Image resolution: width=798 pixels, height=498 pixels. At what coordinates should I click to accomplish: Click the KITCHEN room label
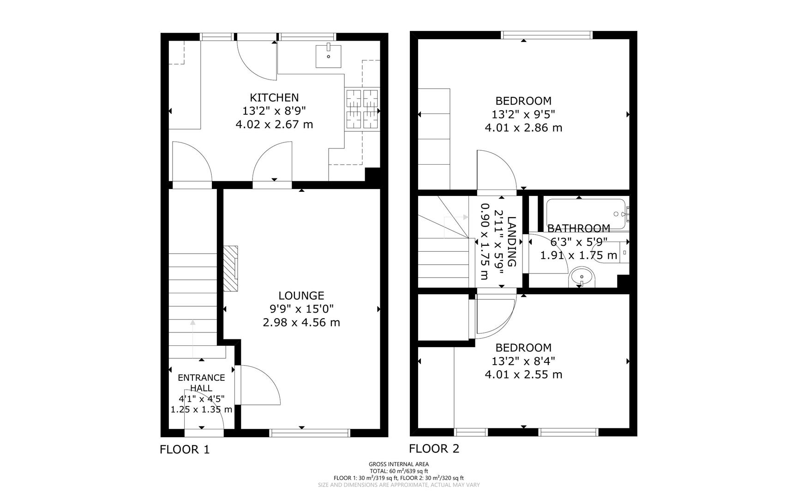pyautogui.click(x=274, y=97)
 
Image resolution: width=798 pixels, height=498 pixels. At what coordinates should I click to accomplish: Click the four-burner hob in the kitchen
pyautogui.click(x=362, y=109)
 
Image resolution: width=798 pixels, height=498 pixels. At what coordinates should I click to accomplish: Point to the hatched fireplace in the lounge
pyautogui.click(x=231, y=268)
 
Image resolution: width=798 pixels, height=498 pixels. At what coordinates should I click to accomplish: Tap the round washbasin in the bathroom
pyautogui.click(x=582, y=278)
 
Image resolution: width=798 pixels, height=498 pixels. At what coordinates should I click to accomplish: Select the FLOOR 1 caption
pyautogui.click(x=185, y=450)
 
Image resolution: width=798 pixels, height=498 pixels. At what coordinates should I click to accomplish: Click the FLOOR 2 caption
pyautogui.click(x=434, y=449)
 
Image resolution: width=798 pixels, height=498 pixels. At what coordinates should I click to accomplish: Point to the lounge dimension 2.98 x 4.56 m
pyautogui.click(x=301, y=322)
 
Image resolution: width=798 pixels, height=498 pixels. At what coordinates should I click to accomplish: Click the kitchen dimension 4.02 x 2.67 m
pyautogui.click(x=274, y=125)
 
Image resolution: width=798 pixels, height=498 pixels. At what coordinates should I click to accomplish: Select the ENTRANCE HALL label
pyautogui.click(x=202, y=383)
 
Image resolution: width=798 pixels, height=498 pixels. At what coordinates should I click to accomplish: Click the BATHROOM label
pyautogui.click(x=579, y=228)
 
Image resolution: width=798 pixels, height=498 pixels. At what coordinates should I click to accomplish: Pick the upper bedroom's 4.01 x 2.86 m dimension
pyautogui.click(x=523, y=128)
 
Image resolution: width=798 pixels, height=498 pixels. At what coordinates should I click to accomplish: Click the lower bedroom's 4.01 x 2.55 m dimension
pyautogui.click(x=523, y=374)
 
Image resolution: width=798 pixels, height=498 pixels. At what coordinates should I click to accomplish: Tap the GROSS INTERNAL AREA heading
pyautogui.click(x=399, y=464)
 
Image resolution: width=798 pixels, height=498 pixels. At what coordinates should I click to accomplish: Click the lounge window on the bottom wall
pyautogui.click(x=310, y=433)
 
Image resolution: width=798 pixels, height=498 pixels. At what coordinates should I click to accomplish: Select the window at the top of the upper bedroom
pyautogui.click(x=547, y=35)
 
